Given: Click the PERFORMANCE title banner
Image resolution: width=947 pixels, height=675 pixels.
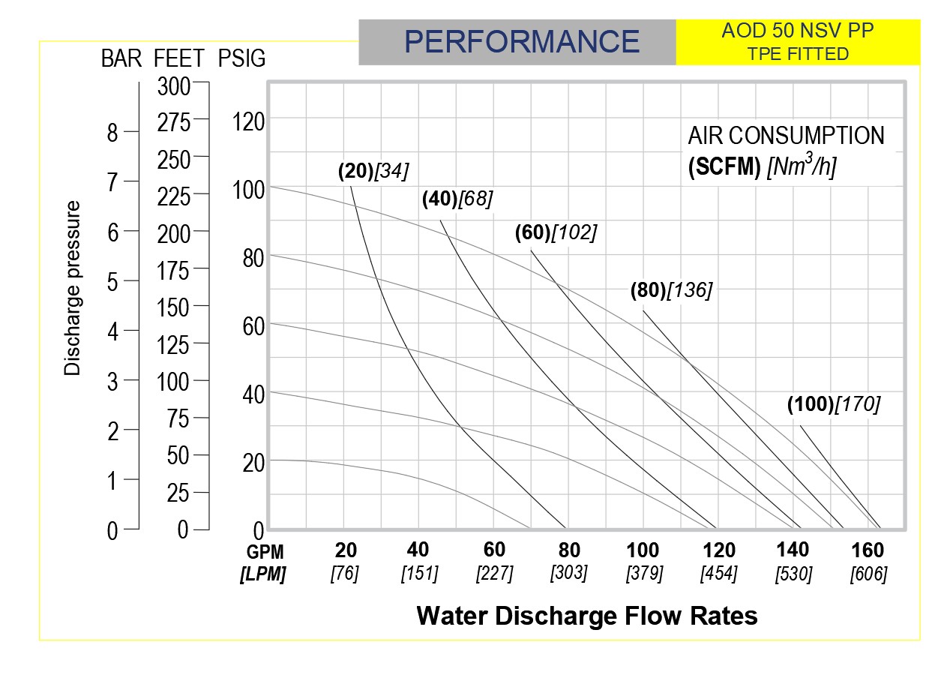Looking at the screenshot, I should [x=521, y=42].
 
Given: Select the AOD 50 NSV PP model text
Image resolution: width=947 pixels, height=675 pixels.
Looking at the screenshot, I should [x=798, y=32].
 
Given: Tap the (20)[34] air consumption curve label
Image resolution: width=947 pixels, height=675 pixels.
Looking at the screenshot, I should [x=373, y=171].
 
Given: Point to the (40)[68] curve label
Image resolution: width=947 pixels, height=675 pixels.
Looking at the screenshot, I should [x=457, y=199].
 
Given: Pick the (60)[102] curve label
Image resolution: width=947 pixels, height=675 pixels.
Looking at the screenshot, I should [x=556, y=232].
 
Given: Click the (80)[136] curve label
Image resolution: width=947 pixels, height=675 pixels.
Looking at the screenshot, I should [x=670, y=290].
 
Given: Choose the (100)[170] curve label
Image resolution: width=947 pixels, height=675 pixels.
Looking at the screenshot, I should [x=833, y=404].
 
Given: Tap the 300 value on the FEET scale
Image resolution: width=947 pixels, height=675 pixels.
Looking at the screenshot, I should [x=174, y=86].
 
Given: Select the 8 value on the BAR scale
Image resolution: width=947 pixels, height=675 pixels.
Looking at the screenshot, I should [x=112, y=133].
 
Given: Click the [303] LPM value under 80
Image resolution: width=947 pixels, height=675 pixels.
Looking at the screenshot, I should [x=569, y=572].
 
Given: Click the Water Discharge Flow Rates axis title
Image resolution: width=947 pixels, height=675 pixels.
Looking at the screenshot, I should [x=586, y=616].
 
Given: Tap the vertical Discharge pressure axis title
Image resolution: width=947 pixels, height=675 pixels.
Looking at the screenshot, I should [x=72, y=287].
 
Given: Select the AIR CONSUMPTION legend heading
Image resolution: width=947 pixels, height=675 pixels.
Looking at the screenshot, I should [x=786, y=136].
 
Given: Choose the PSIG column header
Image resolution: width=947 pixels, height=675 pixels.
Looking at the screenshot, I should [x=241, y=59].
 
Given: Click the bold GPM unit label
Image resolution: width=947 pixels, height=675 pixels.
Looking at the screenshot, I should [x=265, y=553].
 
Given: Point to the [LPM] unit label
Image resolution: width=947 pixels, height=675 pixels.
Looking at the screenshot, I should [x=262, y=574].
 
